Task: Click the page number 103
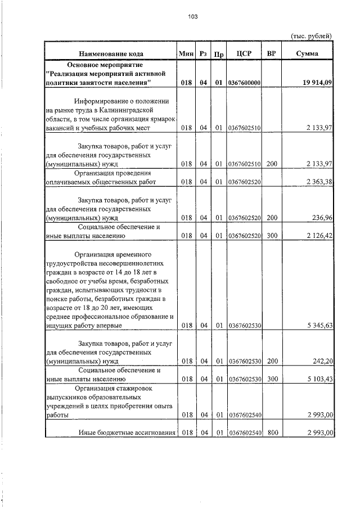tap(192, 17)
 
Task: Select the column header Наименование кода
tap(110, 53)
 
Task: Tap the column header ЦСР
tap(244, 53)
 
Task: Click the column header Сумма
tap(307, 53)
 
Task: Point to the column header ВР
tap(272, 53)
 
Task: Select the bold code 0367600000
tap(244, 83)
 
